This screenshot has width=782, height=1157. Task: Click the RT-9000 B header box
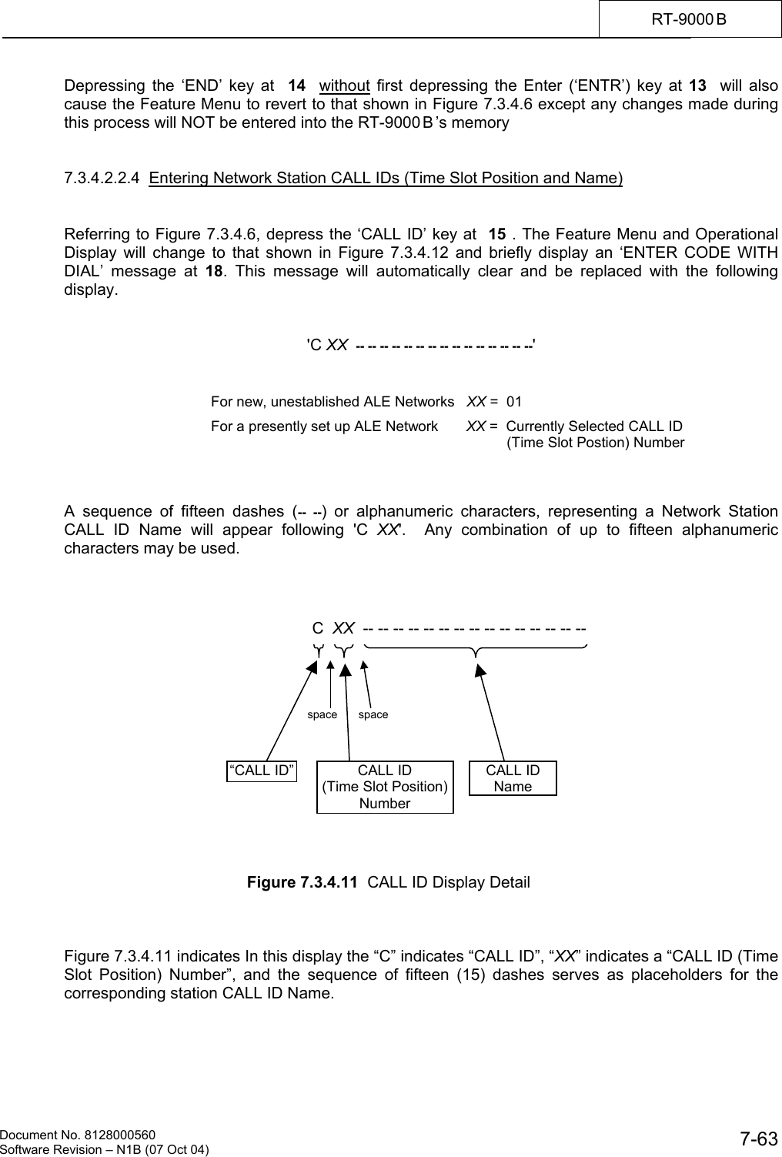pos(689,18)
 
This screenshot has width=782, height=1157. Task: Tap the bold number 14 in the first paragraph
pos(296,85)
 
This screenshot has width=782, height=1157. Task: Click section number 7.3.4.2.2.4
pos(102,179)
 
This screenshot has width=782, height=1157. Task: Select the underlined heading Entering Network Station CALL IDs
pos(386,179)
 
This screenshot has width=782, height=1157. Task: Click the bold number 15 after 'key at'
pos(498,234)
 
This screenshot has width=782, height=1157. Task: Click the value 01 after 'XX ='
pos(514,402)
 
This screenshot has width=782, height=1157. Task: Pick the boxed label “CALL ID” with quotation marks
pos(262,771)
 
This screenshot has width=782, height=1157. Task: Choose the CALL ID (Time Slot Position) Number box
pos(385,787)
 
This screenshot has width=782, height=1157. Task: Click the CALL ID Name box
pos(513,778)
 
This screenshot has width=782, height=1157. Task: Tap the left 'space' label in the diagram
pos(322,714)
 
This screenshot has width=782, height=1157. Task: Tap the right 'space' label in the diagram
pos(373,714)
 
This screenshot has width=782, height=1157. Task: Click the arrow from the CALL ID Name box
pos(493,712)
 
